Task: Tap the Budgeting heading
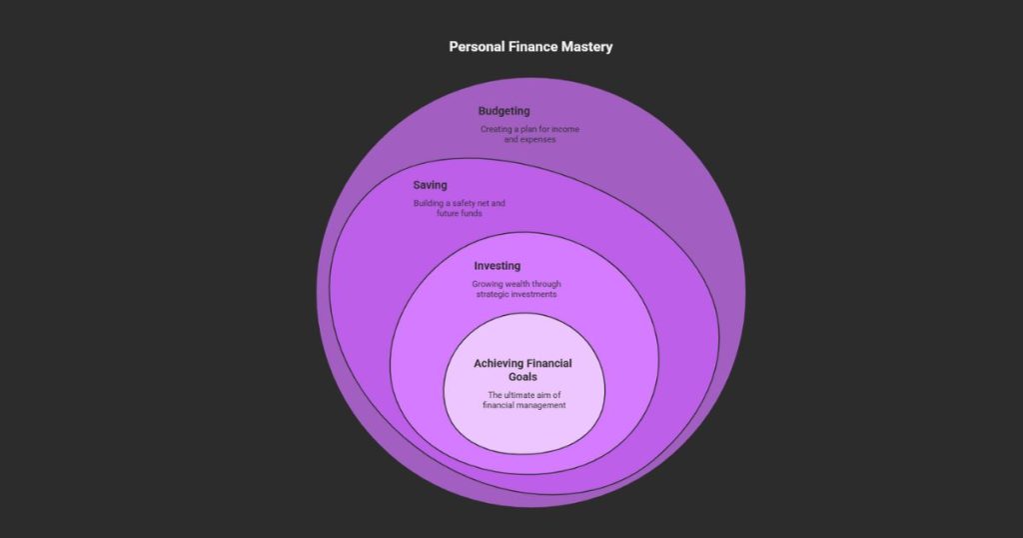504,111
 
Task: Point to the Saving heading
430,185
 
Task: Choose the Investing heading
497,266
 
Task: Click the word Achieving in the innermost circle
500,363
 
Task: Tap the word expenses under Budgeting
537,140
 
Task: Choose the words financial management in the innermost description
524,405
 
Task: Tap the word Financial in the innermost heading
548,363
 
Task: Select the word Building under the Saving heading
428,204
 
